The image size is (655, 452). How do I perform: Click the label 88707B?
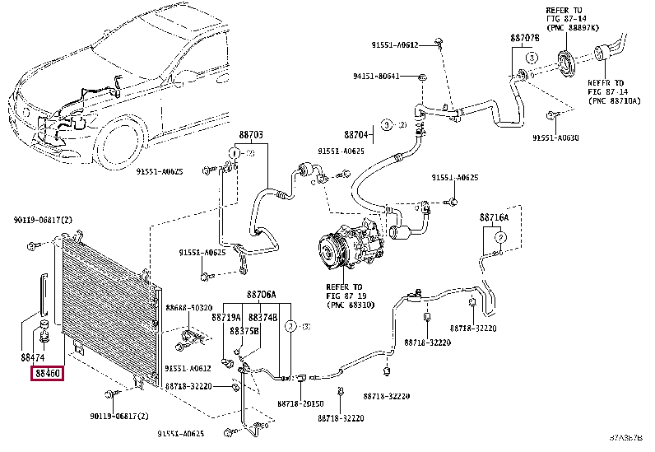(x=524, y=38)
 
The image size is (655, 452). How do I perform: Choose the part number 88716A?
(x=495, y=217)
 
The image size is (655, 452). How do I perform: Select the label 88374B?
(x=263, y=316)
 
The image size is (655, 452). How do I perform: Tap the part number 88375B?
(x=244, y=330)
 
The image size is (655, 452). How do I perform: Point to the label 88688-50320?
(x=188, y=307)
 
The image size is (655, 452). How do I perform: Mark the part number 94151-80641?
(x=377, y=77)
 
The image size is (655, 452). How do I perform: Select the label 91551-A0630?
(x=555, y=137)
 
